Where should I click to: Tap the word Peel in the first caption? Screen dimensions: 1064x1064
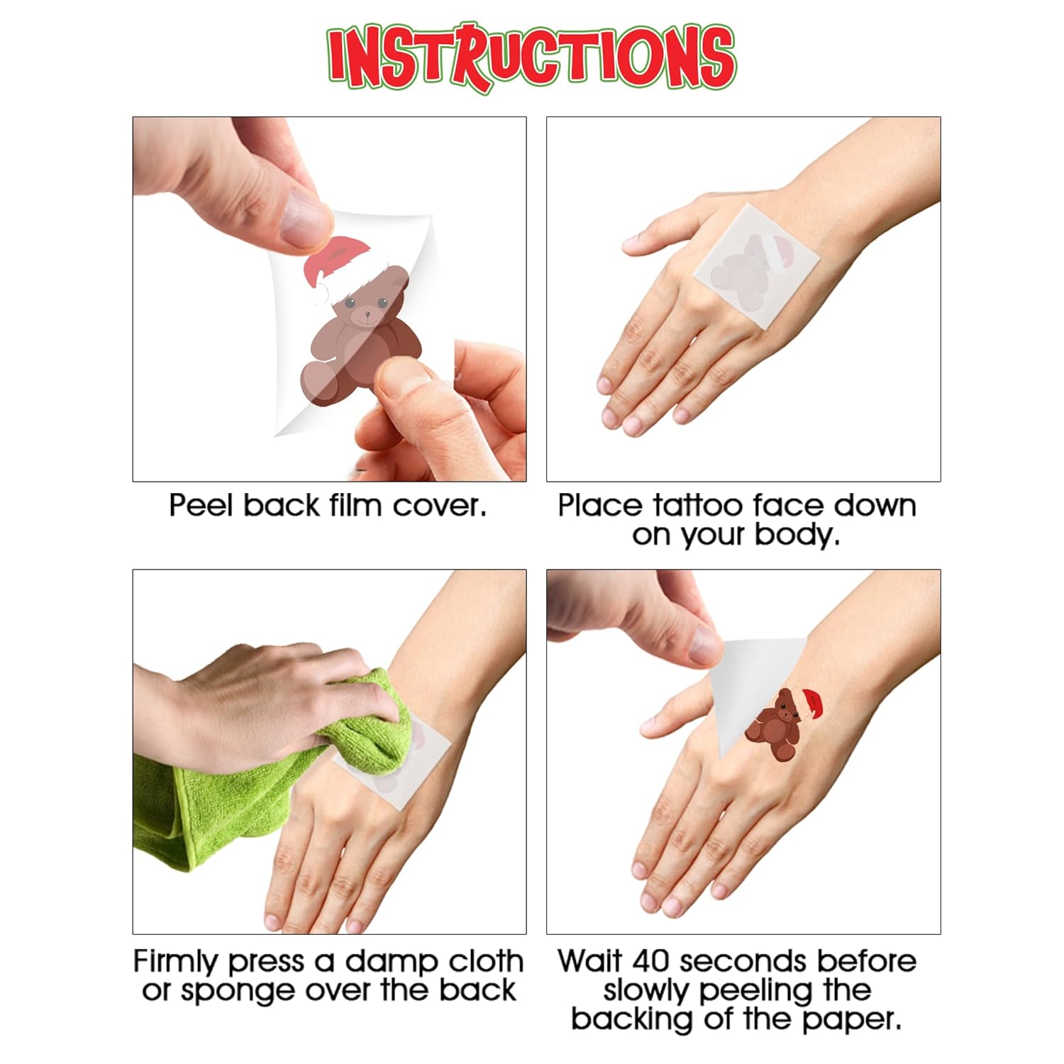(x=203, y=506)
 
